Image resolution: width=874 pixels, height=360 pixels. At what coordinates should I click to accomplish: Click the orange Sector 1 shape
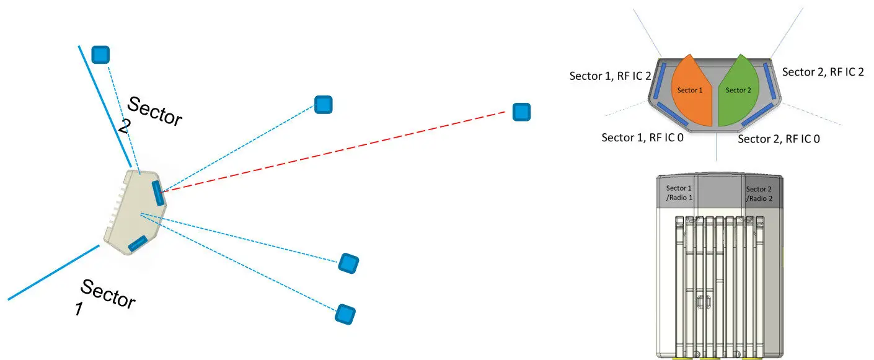click(x=690, y=93)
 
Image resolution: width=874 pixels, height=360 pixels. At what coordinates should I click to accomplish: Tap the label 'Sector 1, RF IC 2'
click(x=609, y=76)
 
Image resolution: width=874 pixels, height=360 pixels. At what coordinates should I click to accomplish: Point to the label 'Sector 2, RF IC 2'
click(x=823, y=72)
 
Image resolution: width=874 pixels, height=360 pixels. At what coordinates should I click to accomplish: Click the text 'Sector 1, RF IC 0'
click(x=642, y=137)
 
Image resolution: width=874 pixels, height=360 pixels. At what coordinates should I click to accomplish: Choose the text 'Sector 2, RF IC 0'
click(x=779, y=139)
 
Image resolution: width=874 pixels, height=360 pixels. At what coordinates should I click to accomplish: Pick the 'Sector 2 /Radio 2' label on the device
click(x=758, y=193)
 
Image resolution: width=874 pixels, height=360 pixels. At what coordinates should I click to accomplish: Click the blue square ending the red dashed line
click(x=521, y=112)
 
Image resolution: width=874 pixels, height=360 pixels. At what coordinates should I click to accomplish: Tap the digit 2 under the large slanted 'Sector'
click(x=124, y=127)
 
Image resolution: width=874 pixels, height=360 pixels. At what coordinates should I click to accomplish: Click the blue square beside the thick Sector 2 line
click(x=100, y=55)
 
